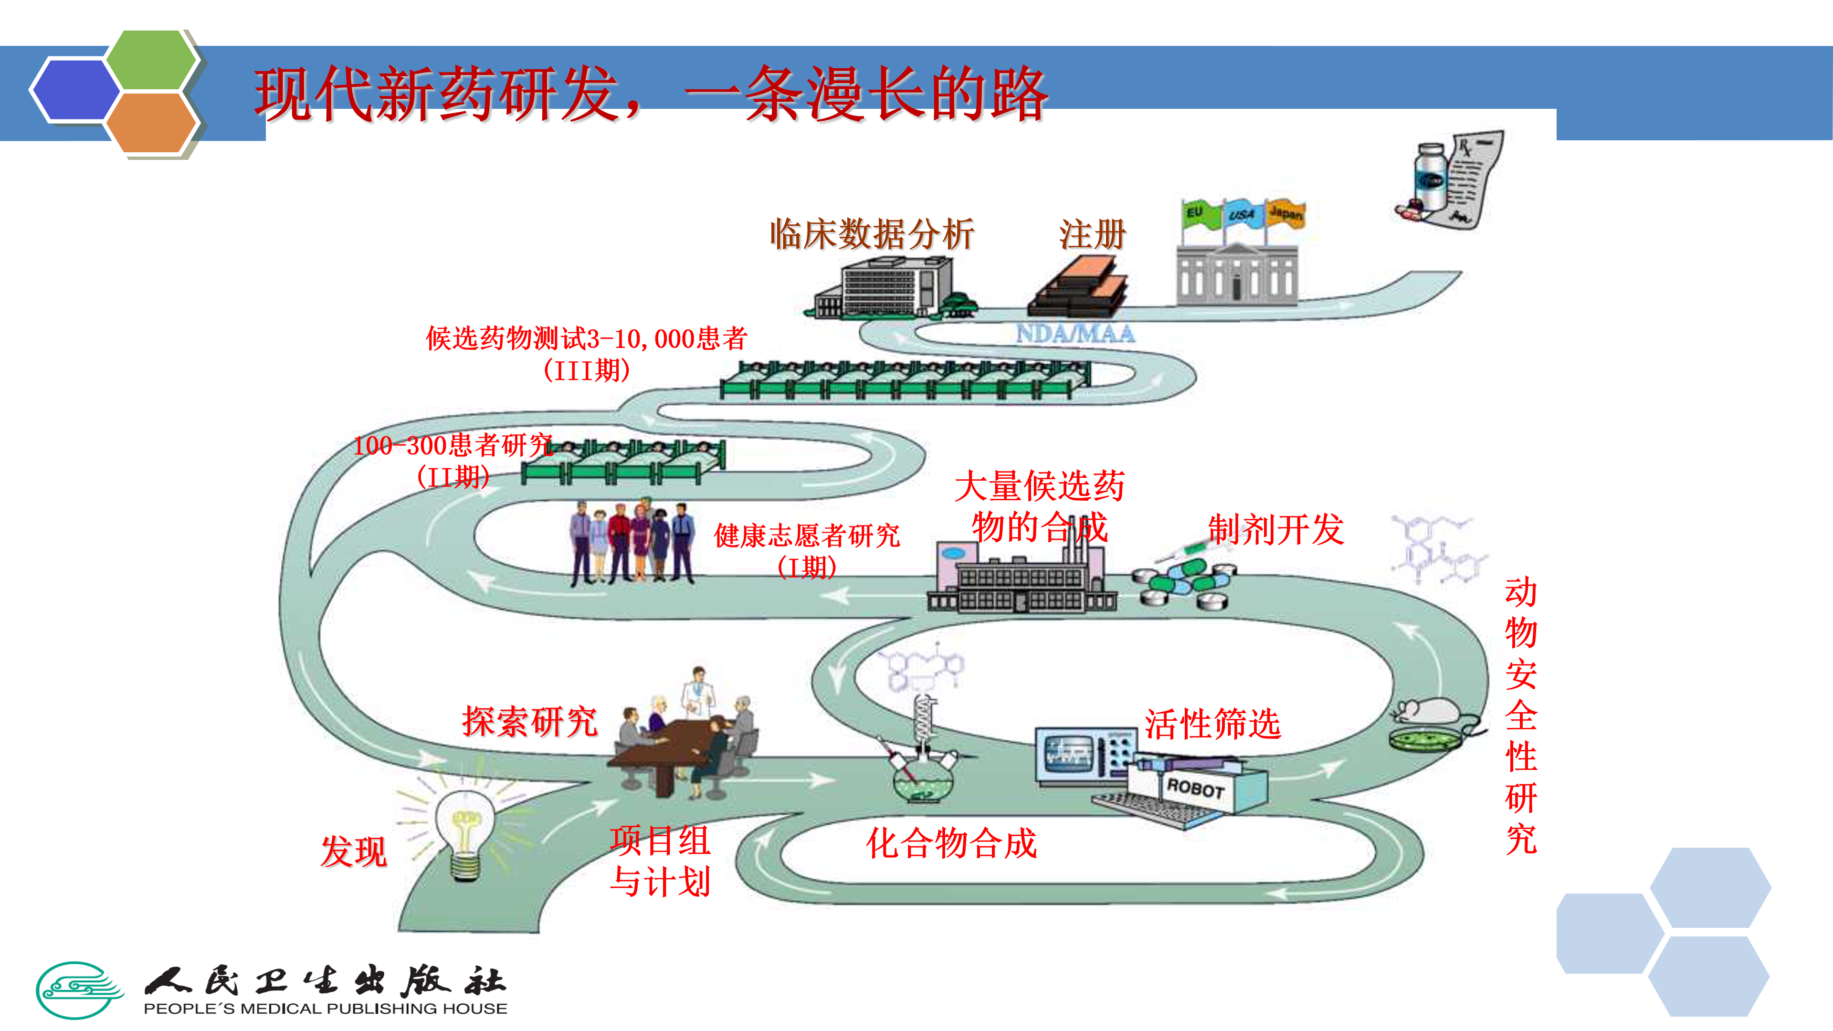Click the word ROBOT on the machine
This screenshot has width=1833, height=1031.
click(1195, 789)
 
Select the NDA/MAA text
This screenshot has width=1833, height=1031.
click(1075, 334)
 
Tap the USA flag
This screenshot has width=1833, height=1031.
click(1242, 213)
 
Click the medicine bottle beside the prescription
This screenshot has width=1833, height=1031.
click(1430, 178)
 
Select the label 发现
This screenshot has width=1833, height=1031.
click(354, 851)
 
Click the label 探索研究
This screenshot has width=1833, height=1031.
click(530, 722)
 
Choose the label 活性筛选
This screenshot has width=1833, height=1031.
click(1212, 725)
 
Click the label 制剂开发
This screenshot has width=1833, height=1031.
click(1276, 529)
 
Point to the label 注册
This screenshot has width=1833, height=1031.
click(1092, 235)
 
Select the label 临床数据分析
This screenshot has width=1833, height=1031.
click(872, 235)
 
